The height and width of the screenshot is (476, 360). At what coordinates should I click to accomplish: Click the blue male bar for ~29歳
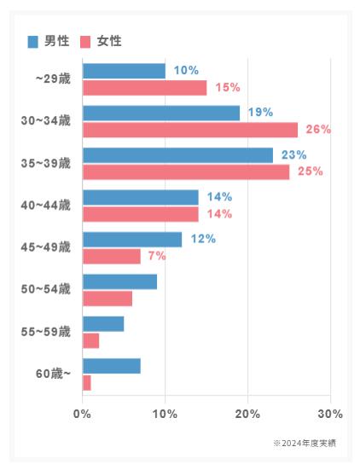click(x=124, y=71)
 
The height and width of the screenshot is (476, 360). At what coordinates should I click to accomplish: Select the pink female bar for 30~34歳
click(x=190, y=130)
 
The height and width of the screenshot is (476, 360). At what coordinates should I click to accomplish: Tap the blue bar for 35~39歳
click(x=177, y=155)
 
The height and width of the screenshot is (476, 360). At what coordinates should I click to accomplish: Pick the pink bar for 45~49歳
click(x=112, y=257)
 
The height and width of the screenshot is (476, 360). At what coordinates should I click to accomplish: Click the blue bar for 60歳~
click(x=112, y=366)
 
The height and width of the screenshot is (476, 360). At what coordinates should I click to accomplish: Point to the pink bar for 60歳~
click(x=87, y=383)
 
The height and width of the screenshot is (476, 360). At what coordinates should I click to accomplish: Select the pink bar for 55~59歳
click(x=90, y=341)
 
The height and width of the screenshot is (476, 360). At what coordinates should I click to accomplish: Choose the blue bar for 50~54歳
click(x=119, y=282)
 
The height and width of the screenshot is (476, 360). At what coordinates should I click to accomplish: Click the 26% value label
click(x=318, y=130)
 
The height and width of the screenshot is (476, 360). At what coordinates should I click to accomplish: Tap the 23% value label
click(x=293, y=154)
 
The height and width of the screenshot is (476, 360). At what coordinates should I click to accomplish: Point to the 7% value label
click(x=157, y=256)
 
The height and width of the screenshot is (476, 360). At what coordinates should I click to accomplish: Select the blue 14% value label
click(x=219, y=197)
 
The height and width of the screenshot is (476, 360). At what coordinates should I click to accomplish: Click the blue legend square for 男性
click(x=32, y=42)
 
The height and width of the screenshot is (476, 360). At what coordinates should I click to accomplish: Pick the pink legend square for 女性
click(x=85, y=42)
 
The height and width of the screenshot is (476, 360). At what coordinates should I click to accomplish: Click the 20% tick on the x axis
click(x=247, y=414)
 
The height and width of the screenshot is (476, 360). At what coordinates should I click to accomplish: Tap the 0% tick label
click(x=82, y=414)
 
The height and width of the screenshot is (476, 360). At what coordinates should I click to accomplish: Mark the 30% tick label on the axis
click(x=330, y=414)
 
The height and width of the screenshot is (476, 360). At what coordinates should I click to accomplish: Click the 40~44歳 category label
click(x=46, y=206)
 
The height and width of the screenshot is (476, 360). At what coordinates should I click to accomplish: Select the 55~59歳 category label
click(x=46, y=332)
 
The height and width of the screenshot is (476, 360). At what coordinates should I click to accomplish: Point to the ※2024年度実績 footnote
click(x=305, y=444)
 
